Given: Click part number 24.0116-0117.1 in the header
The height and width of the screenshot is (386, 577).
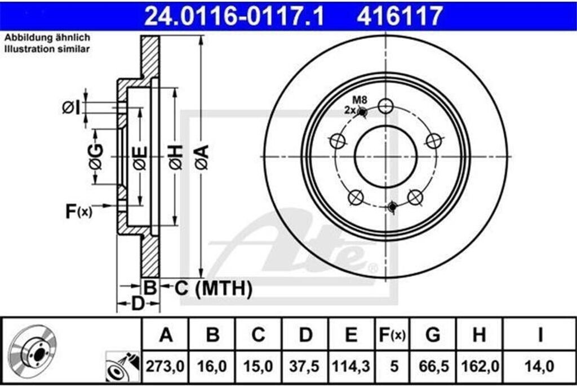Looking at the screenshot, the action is click(x=234, y=16).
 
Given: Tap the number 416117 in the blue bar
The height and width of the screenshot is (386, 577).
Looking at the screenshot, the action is click(x=400, y=16).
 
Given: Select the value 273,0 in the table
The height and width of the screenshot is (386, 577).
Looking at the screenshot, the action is click(x=165, y=366).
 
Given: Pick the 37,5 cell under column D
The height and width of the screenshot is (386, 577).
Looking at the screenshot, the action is click(x=304, y=366).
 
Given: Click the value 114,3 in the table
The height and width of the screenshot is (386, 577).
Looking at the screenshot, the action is click(x=351, y=366).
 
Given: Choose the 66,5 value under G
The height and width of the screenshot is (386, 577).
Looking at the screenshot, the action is click(x=434, y=366).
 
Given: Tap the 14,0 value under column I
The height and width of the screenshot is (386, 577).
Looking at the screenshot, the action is click(x=540, y=366).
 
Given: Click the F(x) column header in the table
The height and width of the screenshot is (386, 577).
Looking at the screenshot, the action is click(x=392, y=335).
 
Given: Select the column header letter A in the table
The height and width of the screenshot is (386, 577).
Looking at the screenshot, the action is click(x=166, y=335).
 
